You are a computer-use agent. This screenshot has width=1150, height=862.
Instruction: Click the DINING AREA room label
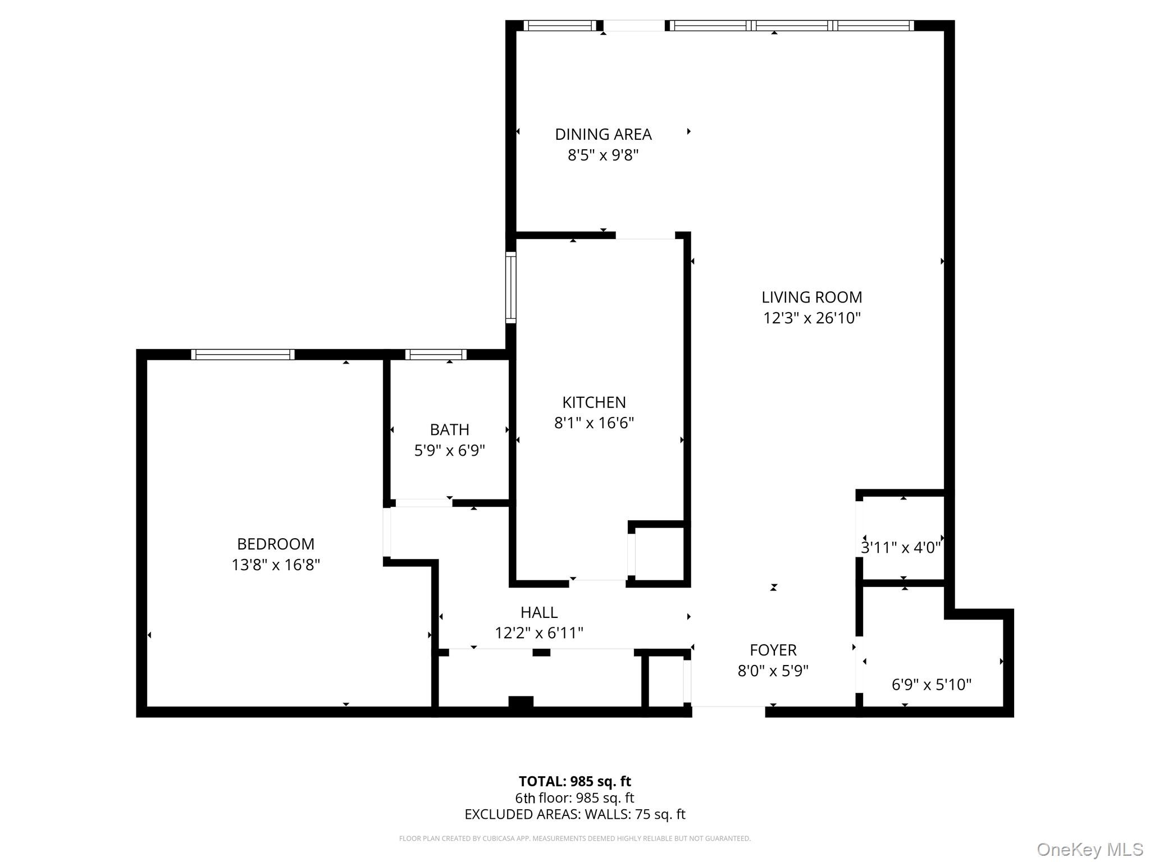(603, 135)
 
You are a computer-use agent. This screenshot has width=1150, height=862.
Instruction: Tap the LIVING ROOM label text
(811, 297)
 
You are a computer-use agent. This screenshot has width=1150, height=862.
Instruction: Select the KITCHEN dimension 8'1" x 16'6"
(594, 423)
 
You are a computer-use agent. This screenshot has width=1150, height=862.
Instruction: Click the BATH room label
(449, 430)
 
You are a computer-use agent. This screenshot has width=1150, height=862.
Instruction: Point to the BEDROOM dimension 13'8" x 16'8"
(276, 565)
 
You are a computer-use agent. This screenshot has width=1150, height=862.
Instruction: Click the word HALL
(539, 612)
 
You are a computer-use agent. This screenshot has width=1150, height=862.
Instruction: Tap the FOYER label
(773, 650)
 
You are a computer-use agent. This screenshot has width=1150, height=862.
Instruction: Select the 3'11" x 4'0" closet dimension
(901, 548)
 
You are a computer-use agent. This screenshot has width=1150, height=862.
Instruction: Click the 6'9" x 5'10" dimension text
(931, 685)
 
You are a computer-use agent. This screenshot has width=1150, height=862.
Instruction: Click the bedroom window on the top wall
(243, 354)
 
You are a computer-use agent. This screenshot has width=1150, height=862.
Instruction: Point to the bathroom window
(436, 354)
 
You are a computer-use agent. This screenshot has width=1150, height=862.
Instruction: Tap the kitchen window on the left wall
(510, 287)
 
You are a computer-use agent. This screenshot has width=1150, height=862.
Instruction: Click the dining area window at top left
(559, 25)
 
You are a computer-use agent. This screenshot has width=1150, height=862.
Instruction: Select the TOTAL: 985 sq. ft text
(574, 781)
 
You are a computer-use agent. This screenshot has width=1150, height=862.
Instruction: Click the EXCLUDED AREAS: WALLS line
(574, 814)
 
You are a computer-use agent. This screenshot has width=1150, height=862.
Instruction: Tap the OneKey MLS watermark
(1089, 849)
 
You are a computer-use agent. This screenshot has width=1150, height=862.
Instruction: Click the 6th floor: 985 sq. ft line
(574, 797)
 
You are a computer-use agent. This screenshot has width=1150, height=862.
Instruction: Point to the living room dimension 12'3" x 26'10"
(811, 318)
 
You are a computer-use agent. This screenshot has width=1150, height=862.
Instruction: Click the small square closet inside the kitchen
(659, 553)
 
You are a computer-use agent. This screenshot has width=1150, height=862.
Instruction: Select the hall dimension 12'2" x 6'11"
(539, 633)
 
